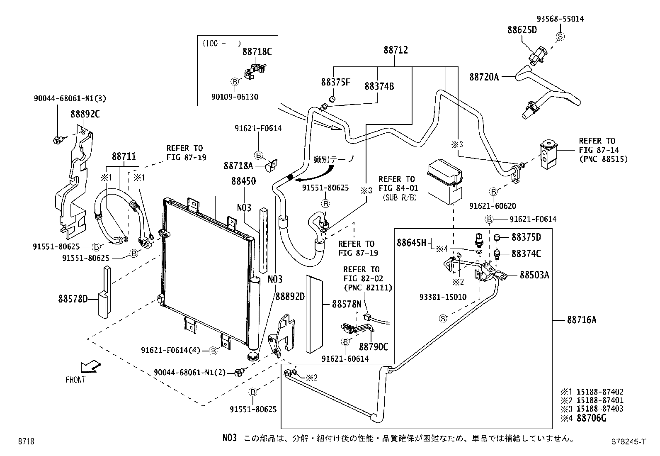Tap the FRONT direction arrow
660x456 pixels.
(90, 366)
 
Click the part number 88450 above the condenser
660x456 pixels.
(243, 181)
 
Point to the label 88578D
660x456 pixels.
(73, 298)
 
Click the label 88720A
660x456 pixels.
(484, 77)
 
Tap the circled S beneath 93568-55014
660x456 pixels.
(560, 37)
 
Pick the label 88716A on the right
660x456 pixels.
(581, 320)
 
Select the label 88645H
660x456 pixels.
(411, 242)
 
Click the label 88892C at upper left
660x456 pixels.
(85, 114)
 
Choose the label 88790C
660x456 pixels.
(374, 347)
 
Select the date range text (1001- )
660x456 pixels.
(221, 42)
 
